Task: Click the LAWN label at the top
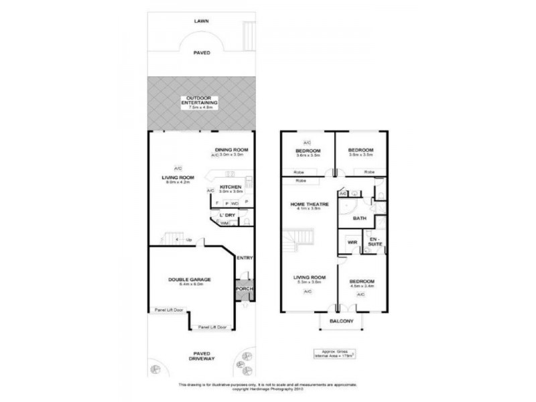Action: coord(202,21)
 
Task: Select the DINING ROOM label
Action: coord(232,149)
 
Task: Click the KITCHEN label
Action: coord(230,187)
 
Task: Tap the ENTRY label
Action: coord(245,258)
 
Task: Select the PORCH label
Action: coord(245,289)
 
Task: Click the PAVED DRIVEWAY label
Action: coord(202,356)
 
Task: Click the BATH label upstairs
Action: coord(359,218)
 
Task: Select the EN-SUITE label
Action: coord(375,242)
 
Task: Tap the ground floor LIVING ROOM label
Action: coord(178,178)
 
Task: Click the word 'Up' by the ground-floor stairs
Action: coord(189,239)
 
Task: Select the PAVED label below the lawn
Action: coord(202,52)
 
